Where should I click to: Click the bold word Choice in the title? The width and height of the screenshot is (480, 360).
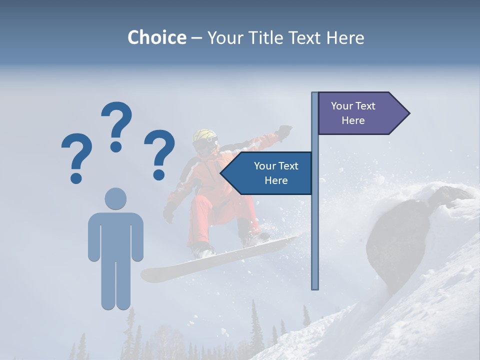click(x=156, y=37)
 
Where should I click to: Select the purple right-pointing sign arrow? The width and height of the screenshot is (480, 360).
click(x=363, y=113)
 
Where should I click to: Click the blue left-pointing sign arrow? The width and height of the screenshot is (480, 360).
click(x=267, y=173)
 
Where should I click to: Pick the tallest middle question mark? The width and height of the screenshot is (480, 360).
click(x=116, y=125)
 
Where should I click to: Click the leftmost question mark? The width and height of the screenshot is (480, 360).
click(x=76, y=157)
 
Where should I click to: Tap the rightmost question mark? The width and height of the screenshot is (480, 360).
click(x=159, y=153)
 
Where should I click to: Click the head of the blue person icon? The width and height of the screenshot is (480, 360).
click(x=115, y=198)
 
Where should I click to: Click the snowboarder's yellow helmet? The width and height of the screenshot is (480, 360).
click(x=205, y=135)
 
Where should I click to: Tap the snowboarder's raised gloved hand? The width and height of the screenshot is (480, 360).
click(x=284, y=131)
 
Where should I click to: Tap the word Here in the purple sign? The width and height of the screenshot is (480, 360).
click(x=353, y=120)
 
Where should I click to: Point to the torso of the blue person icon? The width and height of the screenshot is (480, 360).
click(x=115, y=235)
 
